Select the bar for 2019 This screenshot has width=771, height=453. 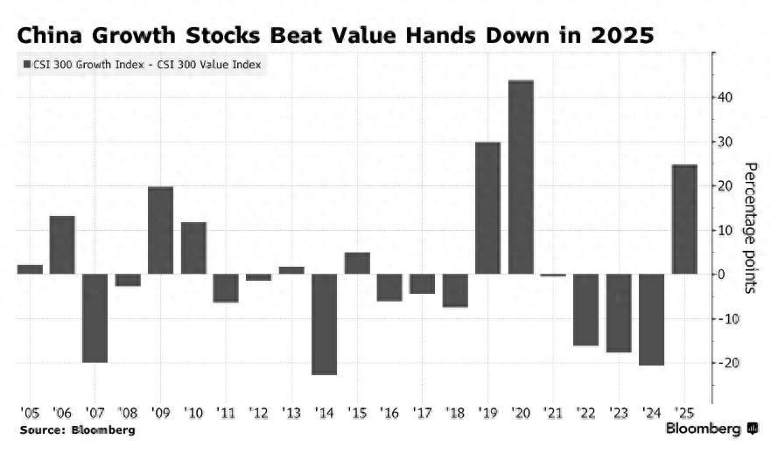487,208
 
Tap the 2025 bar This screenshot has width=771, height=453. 684,220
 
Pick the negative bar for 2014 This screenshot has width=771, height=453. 324,324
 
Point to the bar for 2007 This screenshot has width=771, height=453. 95,317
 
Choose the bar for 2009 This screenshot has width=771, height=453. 160,230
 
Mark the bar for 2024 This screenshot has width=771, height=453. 652,319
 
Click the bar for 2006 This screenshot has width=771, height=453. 61,245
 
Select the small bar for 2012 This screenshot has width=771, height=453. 258,277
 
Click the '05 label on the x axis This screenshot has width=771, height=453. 28,411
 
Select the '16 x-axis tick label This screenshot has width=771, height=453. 389,411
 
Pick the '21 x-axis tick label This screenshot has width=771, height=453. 553,411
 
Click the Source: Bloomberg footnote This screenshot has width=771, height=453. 77,430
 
